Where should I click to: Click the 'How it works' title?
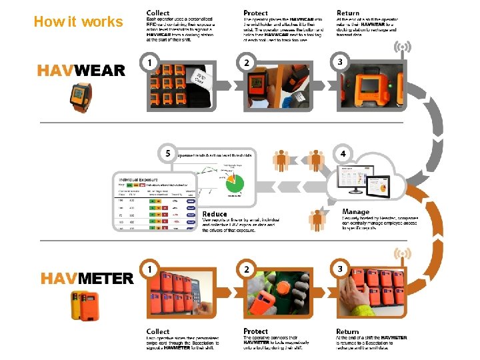[x=78, y=22]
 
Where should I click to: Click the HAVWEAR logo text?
[x=81, y=71]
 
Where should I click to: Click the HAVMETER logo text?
[x=87, y=278]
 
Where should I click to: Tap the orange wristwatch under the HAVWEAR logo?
[x=83, y=97]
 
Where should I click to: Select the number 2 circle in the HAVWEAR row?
[x=247, y=62]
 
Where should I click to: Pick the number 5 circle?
[x=167, y=154]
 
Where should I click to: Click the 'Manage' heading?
[x=355, y=212]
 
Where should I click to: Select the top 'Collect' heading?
[x=158, y=13]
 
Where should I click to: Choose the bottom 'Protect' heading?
[x=255, y=331]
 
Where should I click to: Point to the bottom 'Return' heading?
[x=347, y=331]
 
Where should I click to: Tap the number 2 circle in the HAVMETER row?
[x=247, y=269]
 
